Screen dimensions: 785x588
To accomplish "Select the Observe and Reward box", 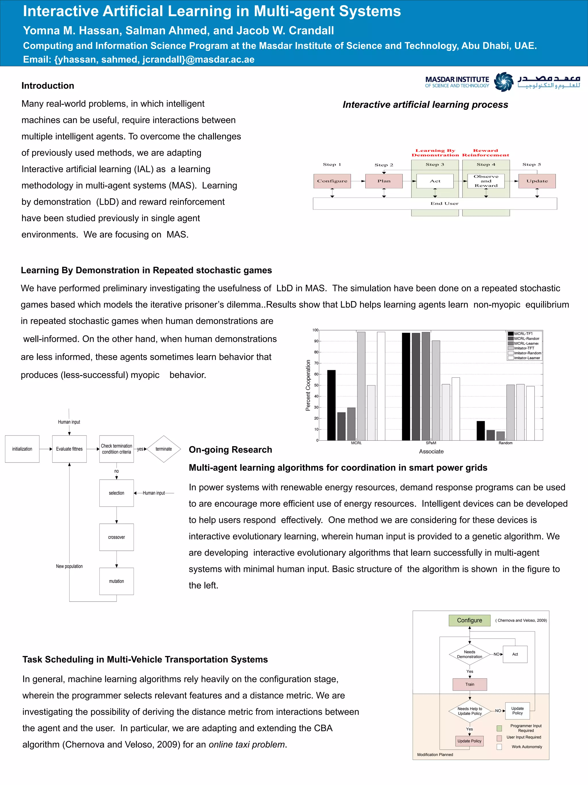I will pos(486,181).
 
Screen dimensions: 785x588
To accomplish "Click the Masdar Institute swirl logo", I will pos(503,82).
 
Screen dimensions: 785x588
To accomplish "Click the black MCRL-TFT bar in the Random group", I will pos(480,431).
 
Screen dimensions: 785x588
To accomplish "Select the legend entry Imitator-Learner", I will pos(526,358).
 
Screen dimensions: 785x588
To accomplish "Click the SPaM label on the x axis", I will pos(431,443).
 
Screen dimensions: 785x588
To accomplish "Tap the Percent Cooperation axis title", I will pos(308,385).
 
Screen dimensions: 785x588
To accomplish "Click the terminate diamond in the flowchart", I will pos(163,449).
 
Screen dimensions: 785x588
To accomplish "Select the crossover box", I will pos(116,537).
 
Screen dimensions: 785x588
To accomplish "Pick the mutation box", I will pos(116,581).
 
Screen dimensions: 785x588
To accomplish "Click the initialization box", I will pos(22,449).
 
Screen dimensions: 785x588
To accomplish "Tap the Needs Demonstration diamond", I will pos(469,654).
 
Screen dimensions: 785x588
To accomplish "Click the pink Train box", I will pos(469,684).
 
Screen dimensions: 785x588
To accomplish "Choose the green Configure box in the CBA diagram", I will pos(469,620).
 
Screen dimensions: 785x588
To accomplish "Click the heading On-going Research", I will pos(230,450).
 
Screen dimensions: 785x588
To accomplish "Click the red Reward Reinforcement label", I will pos(485,153).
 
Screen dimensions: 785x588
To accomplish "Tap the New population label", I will pos(69,566).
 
